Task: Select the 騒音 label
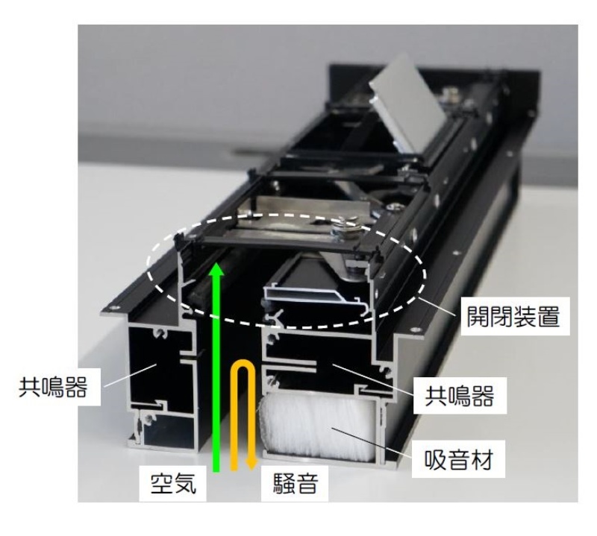point(296,484)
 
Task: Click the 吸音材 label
point(458,459)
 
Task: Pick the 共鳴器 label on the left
point(53,387)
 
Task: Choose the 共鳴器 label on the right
point(460,396)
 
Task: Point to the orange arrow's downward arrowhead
point(251,464)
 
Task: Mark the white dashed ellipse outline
point(287,327)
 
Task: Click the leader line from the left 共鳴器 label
point(130,375)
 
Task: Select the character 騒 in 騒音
point(284,484)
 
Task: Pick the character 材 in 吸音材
point(482,459)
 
